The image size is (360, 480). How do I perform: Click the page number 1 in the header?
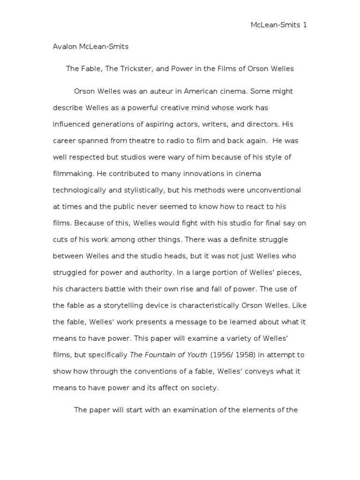click(x=305, y=25)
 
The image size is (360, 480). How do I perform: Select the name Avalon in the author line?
click(x=65, y=47)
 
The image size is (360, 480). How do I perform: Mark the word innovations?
click(x=198, y=174)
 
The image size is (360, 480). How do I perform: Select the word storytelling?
click(x=126, y=306)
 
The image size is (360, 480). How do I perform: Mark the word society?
click(x=202, y=388)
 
